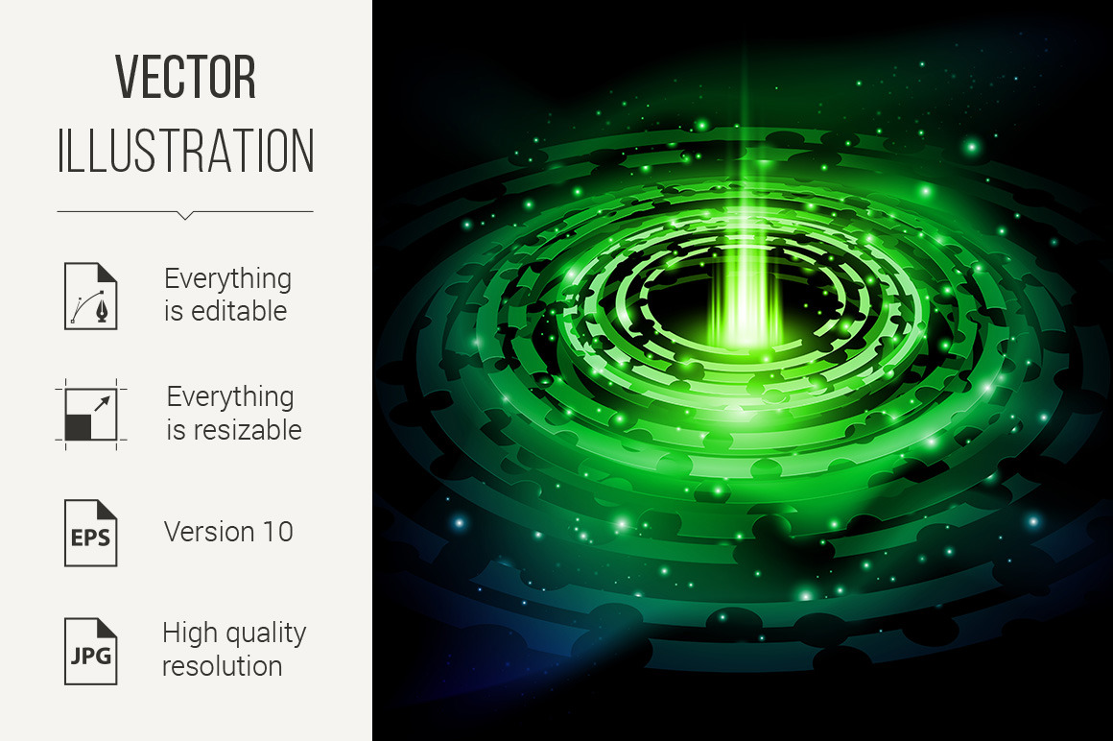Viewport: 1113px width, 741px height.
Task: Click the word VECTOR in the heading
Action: (x=185, y=77)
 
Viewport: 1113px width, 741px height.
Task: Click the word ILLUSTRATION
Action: (x=185, y=152)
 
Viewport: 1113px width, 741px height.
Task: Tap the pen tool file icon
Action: (x=91, y=296)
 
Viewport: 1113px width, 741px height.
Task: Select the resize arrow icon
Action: (x=91, y=415)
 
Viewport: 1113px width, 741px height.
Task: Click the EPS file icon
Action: (x=91, y=533)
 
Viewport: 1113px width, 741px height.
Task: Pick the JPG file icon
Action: (x=91, y=652)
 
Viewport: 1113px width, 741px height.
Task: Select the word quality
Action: (x=261, y=633)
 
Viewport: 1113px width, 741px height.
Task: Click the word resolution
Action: (x=223, y=666)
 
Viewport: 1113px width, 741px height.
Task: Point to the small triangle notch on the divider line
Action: (x=185, y=215)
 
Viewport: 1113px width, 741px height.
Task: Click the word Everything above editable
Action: (x=227, y=279)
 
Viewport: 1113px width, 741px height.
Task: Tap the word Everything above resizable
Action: (x=230, y=397)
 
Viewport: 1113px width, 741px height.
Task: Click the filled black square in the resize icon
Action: (x=78, y=427)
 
